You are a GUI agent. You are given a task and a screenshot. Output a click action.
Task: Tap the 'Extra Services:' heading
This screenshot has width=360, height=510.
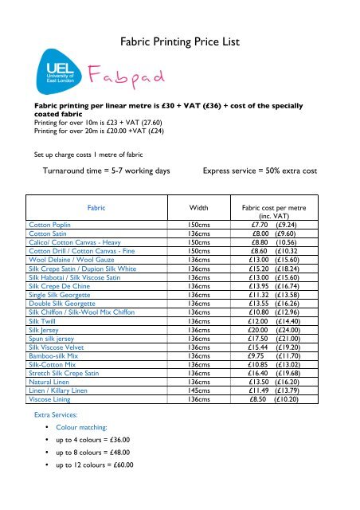pyautogui.click(x=55, y=416)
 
